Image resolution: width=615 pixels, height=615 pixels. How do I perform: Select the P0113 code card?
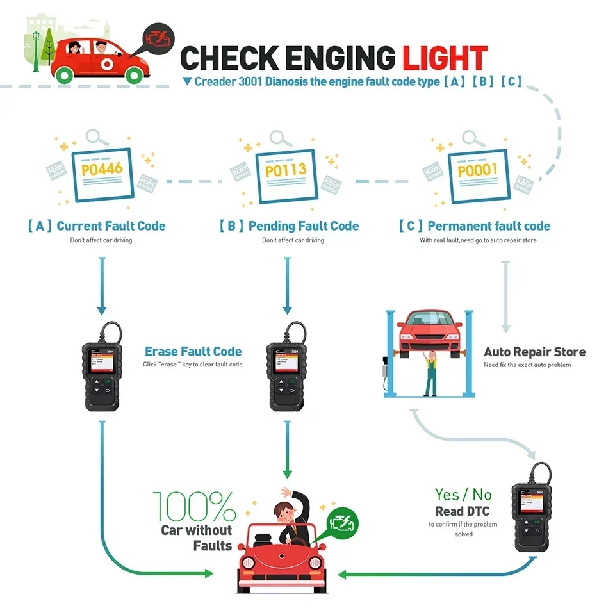[286, 171]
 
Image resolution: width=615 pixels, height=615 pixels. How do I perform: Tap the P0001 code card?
[477, 171]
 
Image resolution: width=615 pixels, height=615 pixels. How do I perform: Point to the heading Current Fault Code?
[110, 226]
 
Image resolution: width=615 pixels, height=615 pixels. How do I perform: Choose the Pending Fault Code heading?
[303, 226]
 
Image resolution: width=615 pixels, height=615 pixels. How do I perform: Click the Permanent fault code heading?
[488, 226]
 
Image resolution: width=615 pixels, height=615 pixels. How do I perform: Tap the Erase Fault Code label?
[193, 351]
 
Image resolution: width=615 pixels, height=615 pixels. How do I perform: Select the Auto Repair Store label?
[534, 352]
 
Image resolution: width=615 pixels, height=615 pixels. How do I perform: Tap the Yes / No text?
[463, 495]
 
